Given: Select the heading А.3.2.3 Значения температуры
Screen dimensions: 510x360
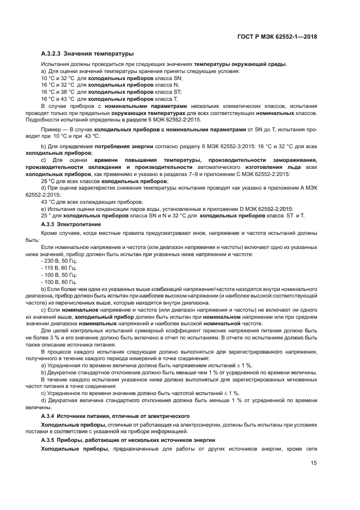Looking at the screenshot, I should pos(87,53).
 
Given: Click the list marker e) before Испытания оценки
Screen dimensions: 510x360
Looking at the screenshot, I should pos(44,208).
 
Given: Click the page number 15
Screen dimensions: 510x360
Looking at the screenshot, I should pos(314,463).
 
